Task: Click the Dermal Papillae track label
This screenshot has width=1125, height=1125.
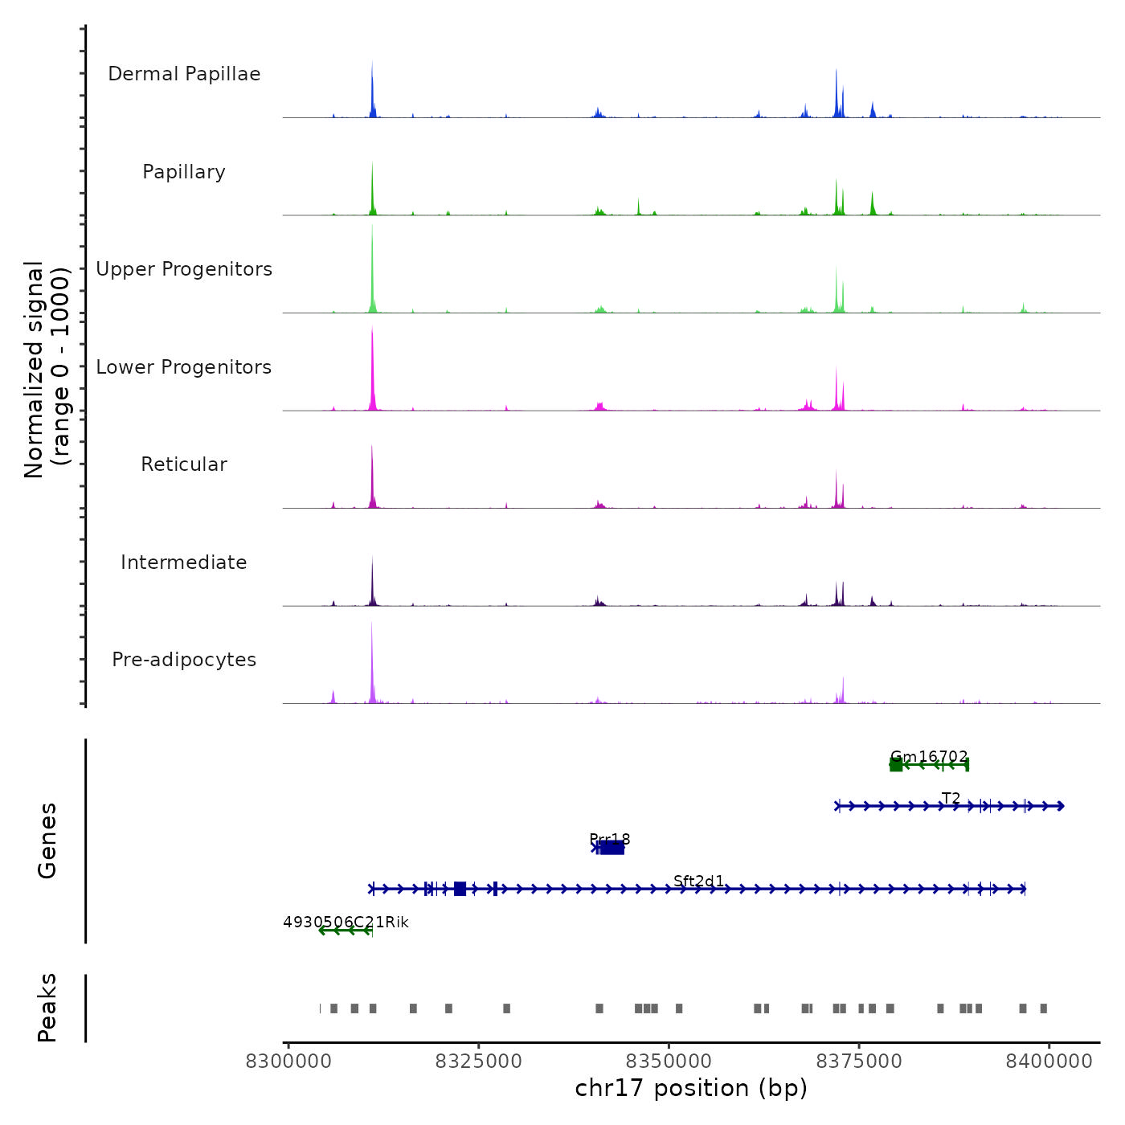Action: (x=184, y=74)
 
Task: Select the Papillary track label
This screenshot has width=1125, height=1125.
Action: (x=184, y=172)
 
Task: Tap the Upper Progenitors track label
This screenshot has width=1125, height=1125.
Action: (x=184, y=269)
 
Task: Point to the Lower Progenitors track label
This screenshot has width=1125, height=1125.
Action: (x=184, y=367)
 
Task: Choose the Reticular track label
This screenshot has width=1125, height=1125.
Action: (x=184, y=464)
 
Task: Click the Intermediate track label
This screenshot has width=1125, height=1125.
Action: (x=184, y=562)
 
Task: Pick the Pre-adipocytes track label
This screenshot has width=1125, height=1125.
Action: (x=184, y=660)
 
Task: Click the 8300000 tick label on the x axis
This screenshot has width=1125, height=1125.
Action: (x=288, y=1062)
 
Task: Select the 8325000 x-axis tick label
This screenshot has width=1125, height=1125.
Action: (x=478, y=1062)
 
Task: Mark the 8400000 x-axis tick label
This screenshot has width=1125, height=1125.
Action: (x=1049, y=1062)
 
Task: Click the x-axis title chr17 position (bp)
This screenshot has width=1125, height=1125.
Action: (x=691, y=1088)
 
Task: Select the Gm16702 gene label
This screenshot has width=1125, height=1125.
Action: (x=929, y=757)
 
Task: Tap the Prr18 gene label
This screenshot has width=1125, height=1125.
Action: (x=610, y=839)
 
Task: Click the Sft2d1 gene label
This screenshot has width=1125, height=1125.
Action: (x=699, y=881)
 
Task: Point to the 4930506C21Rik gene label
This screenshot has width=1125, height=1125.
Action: (x=346, y=922)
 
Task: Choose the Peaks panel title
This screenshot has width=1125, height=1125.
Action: (x=47, y=1008)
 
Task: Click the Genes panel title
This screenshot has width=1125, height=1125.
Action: (x=47, y=841)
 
